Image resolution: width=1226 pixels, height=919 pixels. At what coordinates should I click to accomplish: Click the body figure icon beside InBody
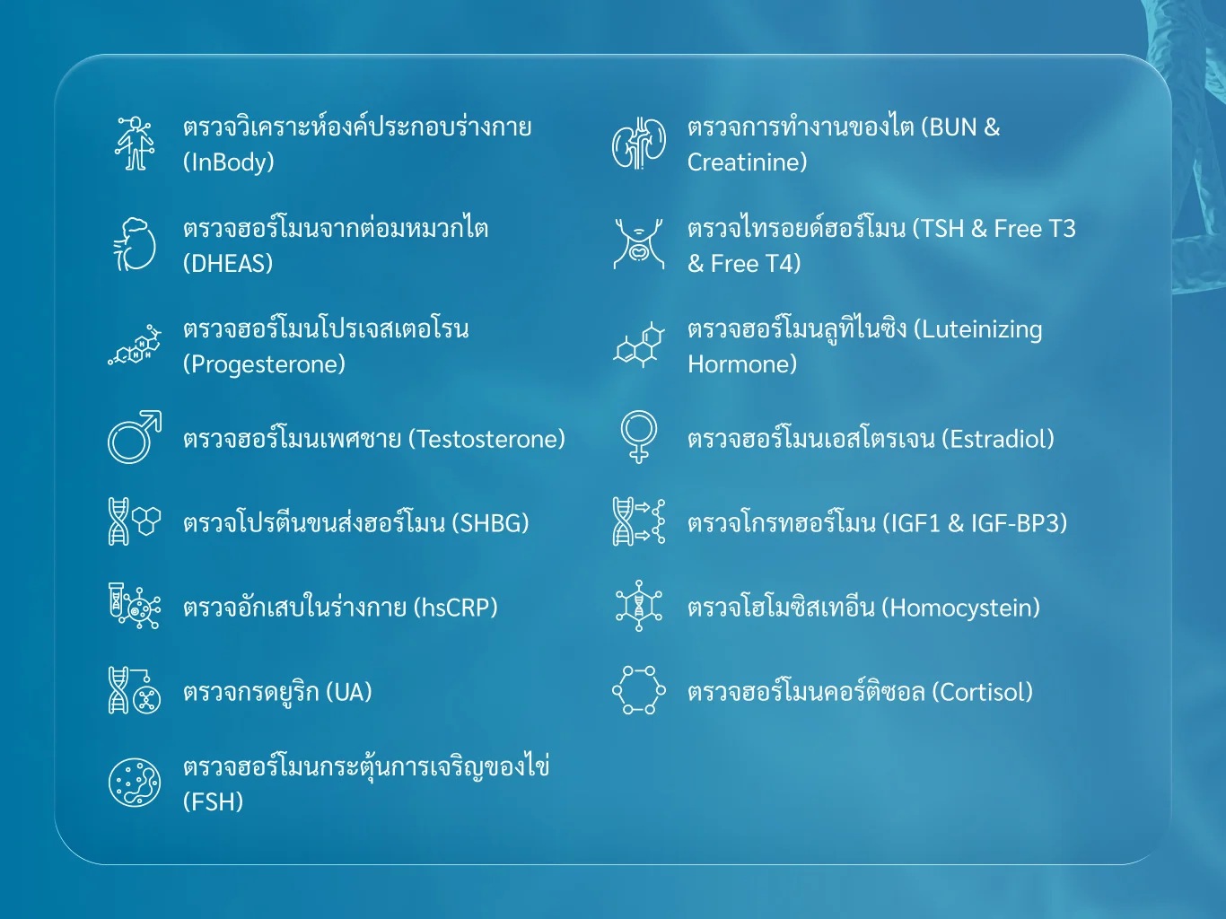click(135, 143)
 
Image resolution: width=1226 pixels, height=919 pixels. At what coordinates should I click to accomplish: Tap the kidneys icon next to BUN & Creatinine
click(638, 144)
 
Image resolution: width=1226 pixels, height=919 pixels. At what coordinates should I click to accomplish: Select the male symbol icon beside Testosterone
click(135, 437)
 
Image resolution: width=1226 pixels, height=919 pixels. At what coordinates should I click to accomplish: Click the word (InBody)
click(229, 162)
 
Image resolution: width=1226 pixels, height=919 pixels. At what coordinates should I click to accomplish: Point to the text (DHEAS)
click(228, 264)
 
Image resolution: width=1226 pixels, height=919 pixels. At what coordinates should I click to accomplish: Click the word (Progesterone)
click(264, 364)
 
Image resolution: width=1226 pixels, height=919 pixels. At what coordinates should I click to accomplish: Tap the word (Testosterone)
click(486, 439)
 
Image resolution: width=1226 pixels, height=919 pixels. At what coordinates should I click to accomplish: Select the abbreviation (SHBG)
click(490, 523)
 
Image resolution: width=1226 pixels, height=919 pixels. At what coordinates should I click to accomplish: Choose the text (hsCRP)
click(455, 608)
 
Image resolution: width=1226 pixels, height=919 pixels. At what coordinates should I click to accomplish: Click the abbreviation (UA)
click(348, 692)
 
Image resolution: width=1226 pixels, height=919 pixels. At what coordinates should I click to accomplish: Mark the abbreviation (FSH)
click(214, 801)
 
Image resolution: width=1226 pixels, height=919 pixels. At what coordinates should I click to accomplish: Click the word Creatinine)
click(747, 162)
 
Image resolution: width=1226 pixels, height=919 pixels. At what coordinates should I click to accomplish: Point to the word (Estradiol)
click(997, 439)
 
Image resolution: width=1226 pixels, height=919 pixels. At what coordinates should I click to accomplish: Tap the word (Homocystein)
click(960, 608)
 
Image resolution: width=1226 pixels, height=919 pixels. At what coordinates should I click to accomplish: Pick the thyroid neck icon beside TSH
click(638, 244)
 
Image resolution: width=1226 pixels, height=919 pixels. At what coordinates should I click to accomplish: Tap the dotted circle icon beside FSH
click(135, 757)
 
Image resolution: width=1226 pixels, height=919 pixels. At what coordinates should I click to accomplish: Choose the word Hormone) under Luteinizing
click(741, 364)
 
